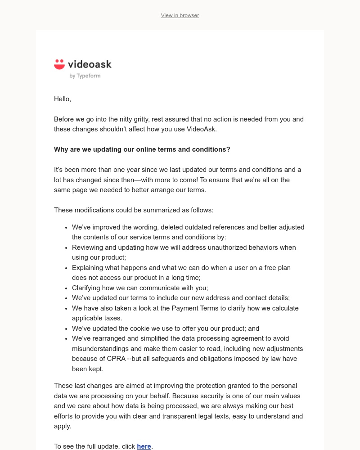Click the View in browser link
(x=180, y=15)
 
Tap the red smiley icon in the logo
(x=59, y=64)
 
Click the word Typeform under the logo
(x=88, y=76)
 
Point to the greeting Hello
(x=63, y=99)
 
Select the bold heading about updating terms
(x=142, y=149)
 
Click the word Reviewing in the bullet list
(x=87, y=247)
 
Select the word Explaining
(x=88, y=268)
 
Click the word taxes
(x=112, y=318)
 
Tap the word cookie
(x=141, y=328)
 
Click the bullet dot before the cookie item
(x=66, y=328)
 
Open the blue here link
(x=144, y=446)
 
